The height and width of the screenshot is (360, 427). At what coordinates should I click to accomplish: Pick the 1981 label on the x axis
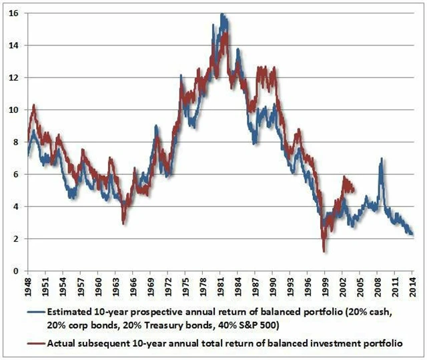tap(220, 286)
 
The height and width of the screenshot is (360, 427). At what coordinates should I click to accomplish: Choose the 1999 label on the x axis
tap(324, 286)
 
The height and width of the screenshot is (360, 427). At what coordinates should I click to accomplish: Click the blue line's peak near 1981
tap(222, 14)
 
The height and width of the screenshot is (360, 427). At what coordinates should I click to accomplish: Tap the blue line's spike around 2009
tap(380, 159)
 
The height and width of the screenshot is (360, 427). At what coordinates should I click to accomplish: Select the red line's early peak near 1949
tap(33, 105)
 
